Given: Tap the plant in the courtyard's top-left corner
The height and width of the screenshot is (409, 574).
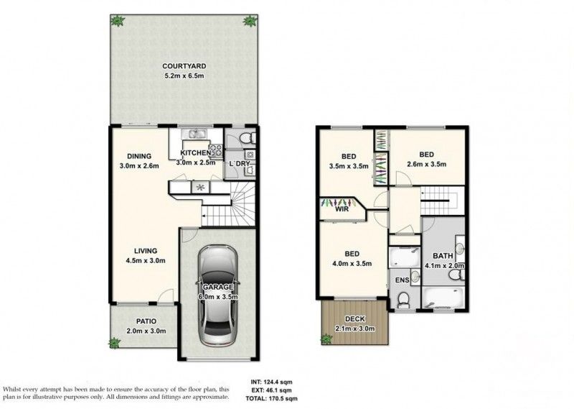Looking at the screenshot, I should pyautogui.click(x=117, y=21).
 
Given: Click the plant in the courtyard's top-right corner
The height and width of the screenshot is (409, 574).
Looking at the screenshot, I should pyautogui.click(x=249, y=21).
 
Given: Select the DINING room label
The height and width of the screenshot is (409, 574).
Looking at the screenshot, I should pyautogui.click(x=139, y=155).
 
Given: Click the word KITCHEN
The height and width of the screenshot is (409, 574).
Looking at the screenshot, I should pyautogui.click(x=194, y=153).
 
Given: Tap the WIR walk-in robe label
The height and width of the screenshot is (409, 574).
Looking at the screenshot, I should pyautogui.click(x=342, y=211).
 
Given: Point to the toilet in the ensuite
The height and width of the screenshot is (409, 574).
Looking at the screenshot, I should pyautogui.click(x=403, y=300).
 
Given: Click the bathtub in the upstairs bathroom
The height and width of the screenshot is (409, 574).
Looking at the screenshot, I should pyautogui.click(x=442, y=297).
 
